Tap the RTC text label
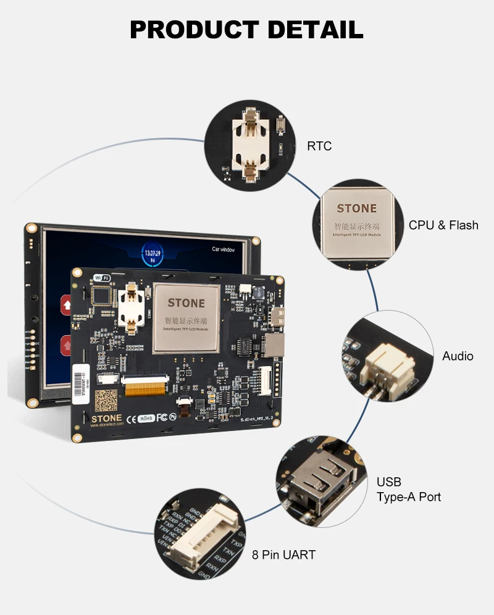pos(319,146)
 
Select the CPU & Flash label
pos(443,225)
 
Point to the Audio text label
pos(458,356)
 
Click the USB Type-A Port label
pos(409,489)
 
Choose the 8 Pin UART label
pos(283,555)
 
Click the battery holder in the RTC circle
pos(251,145)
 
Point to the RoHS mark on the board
pos(146,418)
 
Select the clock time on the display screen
pos(153,253)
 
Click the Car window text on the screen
pos(224,249)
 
